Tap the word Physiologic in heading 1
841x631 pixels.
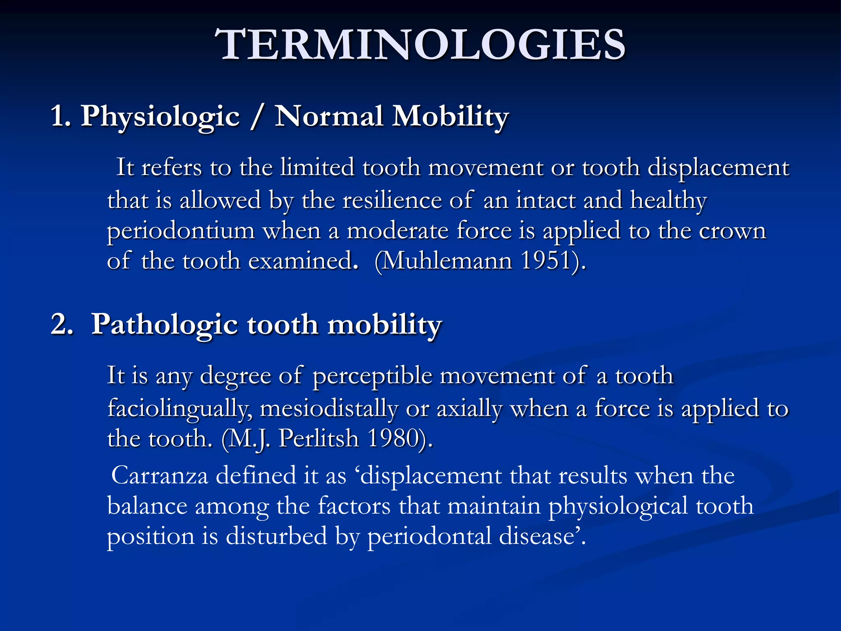[x=160, y=117]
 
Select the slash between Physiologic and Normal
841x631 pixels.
[x=257, y=117]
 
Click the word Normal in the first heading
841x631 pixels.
[x=329, y=117]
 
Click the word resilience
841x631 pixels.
[x=392, y=200]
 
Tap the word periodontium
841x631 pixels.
[x=181, y=231]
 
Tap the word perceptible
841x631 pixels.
[x=372, y=376]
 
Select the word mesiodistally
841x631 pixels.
[x=329, y=409]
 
